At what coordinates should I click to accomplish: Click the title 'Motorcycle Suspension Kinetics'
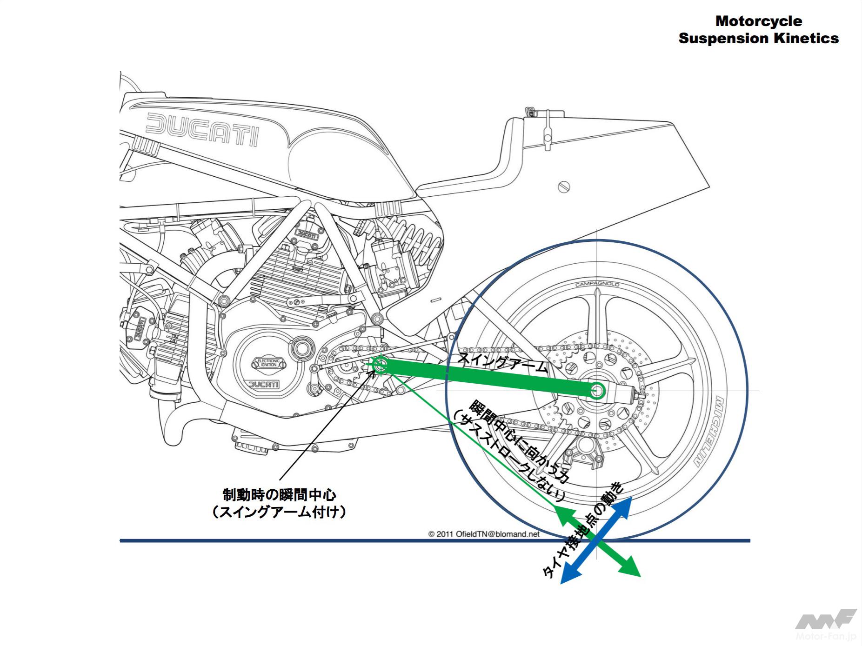758,29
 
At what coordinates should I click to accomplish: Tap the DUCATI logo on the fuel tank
202,128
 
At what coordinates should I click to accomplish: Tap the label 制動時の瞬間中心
279,494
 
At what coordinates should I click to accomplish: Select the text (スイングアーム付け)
279,512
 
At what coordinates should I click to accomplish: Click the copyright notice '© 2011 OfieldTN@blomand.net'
484,534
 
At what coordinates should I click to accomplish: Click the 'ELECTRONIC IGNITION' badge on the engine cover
268,363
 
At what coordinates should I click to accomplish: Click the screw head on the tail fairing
564,187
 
